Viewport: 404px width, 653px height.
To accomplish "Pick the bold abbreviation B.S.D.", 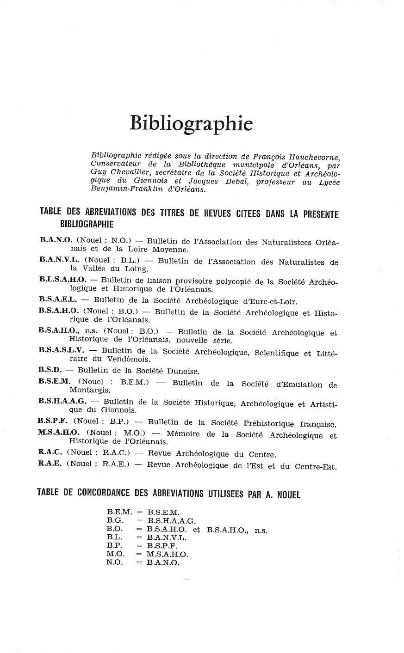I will [x=50, y=370].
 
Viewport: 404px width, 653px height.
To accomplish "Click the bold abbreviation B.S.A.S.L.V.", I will [x=62, y=350].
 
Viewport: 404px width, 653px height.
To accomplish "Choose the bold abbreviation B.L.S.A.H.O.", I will [x=62, y=280].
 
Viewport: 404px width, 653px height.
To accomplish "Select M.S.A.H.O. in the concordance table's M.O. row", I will [x=167, y=555].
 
